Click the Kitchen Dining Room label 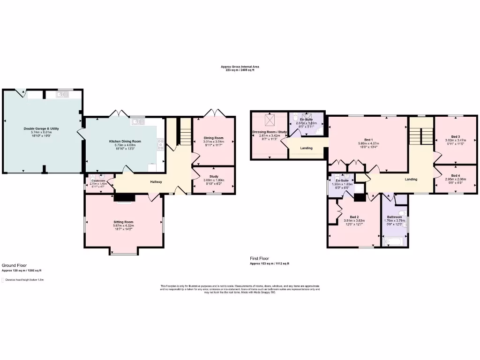click(x=125, y=141)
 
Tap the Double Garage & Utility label click(x=41, y=128)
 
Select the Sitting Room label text click(x=123, y=222)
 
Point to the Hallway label click(x=156, y=182)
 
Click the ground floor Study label click(x=214, y=176)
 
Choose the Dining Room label click(x=213, y=138)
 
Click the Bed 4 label click(x=456, y=175)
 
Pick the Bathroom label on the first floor click(x=394, y=217)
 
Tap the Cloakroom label click(x=98, y=180)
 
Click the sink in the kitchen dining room click(x=137, y=122)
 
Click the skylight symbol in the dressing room click(x=270, y=120)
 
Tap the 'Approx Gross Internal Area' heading click(x=240, y=67)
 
